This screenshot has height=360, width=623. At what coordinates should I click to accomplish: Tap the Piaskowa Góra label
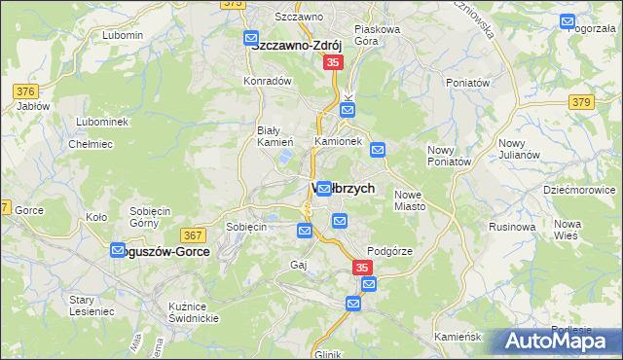[x=378, y=35]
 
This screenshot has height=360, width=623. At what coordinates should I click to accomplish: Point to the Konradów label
[x=269, y=81]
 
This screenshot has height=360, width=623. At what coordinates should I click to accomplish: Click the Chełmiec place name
[x=86, y=144]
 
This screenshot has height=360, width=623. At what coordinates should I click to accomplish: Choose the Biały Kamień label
[x=268, y=136]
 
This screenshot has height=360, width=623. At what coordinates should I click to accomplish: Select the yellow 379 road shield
[x=582, y=101]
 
